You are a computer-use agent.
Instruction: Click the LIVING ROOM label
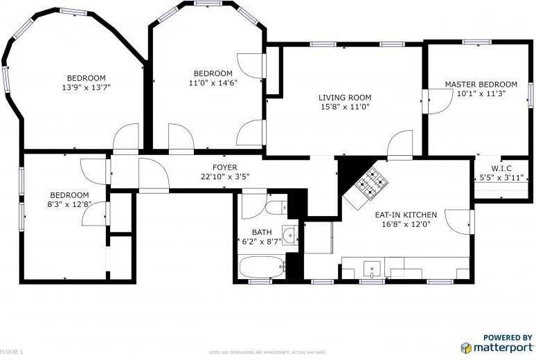click(x=345, y=98)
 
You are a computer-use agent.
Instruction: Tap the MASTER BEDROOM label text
click(x=481, y=84)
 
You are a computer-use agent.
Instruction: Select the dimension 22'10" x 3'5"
click(x=224, y=177)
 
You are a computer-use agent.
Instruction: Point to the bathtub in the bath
click(x=262, y=267)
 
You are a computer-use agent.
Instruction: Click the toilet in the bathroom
click(x=275, y=207)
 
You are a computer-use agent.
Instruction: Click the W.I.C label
click(x=501, y=168)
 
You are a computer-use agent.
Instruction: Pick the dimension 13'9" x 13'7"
click(x=86, y=87)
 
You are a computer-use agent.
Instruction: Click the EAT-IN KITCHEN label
click(x=406, y=215)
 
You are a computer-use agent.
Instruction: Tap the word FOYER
click(x=224, y=168)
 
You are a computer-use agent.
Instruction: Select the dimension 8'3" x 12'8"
click(x=69, y=204)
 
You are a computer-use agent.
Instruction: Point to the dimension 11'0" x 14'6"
click(x=213, y=83)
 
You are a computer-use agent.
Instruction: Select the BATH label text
click(x=262, y=232)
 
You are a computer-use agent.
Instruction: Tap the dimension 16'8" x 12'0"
click(x=406, y=224)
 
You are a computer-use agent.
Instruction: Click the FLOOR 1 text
click(x=11, y=352)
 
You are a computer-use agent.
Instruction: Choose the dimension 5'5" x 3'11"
click(x=501, y=177)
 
